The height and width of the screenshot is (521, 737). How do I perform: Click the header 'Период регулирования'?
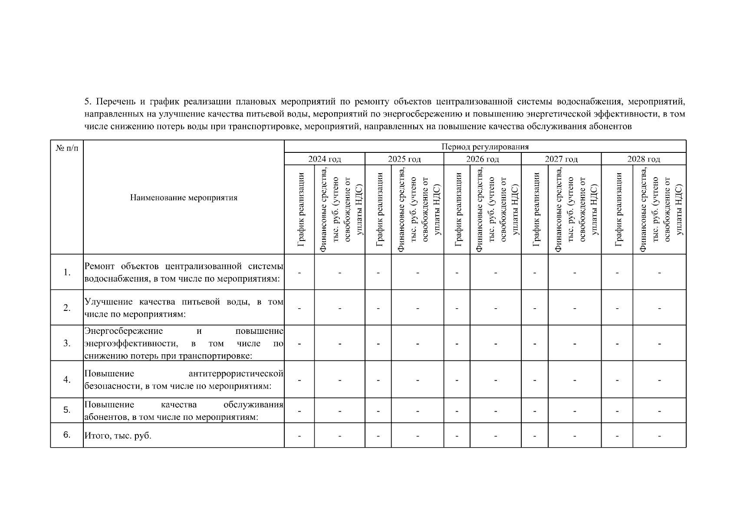[x=485, y=147]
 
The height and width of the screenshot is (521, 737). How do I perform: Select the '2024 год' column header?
[x=325, y=159]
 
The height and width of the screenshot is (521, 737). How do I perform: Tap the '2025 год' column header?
[x=404, y=159]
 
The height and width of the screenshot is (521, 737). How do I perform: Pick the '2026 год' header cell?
[x=482, y=159]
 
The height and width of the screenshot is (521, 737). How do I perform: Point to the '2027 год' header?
[x=561, y=159]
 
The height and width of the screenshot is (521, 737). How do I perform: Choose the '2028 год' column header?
[x=643, y=159]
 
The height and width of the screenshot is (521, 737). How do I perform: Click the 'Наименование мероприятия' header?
[x=184, y=198]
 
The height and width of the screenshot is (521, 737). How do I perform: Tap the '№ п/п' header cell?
[x=67, y=148]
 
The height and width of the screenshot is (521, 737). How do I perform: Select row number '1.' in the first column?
[x=67, y=273]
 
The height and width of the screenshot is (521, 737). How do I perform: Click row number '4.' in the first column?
[x=67, y=380]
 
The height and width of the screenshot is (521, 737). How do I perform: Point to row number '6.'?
[x=67, y=435]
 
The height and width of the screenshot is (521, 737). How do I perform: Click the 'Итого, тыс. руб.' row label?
[x=118, y=435]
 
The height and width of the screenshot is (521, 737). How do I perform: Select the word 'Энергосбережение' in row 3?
[x=124, y=331]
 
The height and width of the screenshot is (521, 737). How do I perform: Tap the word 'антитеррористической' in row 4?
[x=236, y=374]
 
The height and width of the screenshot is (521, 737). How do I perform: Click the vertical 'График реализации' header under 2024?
[x=300, y=210]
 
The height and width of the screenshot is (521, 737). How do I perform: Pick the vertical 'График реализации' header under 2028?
[x=618, y=210]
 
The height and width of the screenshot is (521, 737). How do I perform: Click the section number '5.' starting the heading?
[x=88, y=102]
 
